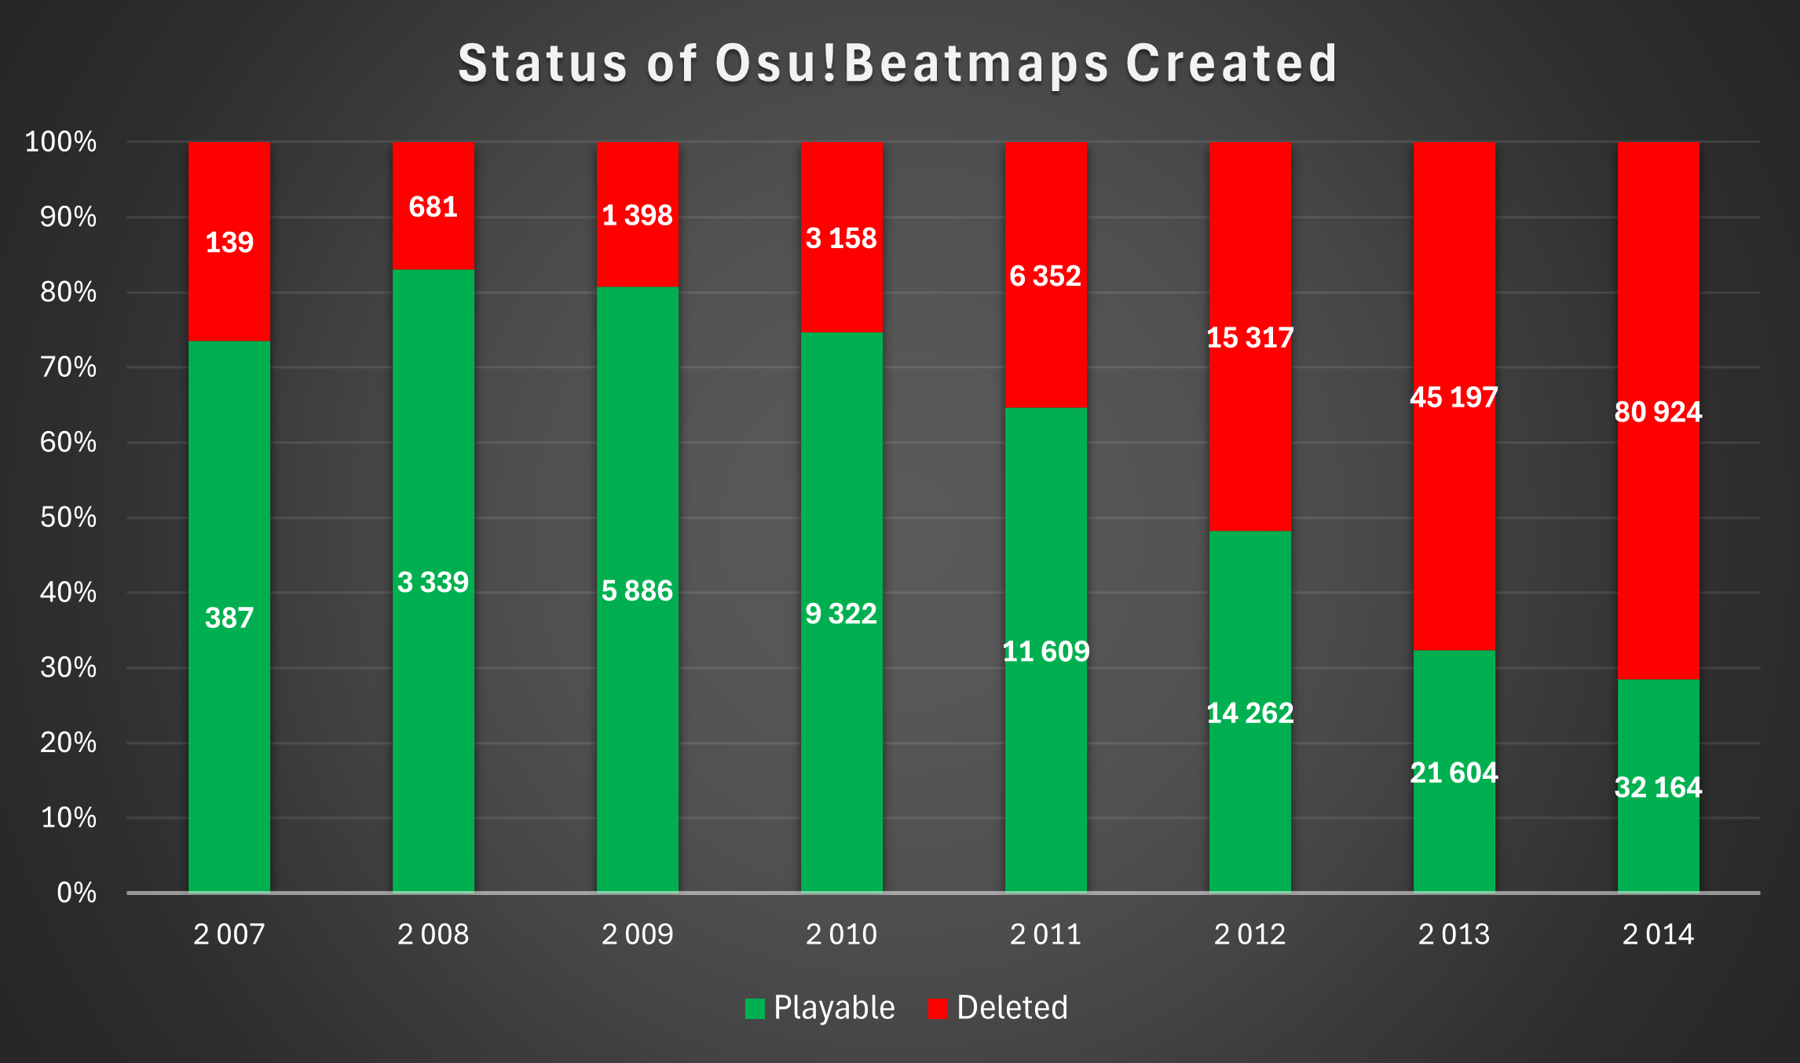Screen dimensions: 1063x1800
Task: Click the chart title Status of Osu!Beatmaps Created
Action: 898,64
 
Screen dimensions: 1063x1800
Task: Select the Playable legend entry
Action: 820,1007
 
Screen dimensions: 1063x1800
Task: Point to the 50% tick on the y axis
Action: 68,517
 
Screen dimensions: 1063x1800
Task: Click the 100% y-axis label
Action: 61,142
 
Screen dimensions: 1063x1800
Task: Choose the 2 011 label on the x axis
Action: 1045,934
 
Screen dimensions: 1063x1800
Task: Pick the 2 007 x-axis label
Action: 229,934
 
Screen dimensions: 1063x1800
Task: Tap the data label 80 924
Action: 1658,412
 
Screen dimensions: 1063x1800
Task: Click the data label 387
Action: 229,619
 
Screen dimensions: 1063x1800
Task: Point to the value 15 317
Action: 1249,338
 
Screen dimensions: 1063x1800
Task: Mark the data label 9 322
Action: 841,614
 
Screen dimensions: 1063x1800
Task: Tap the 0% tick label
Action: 77,893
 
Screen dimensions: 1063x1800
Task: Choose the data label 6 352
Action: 1045,276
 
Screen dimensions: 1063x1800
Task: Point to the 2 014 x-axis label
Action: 1658,934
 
